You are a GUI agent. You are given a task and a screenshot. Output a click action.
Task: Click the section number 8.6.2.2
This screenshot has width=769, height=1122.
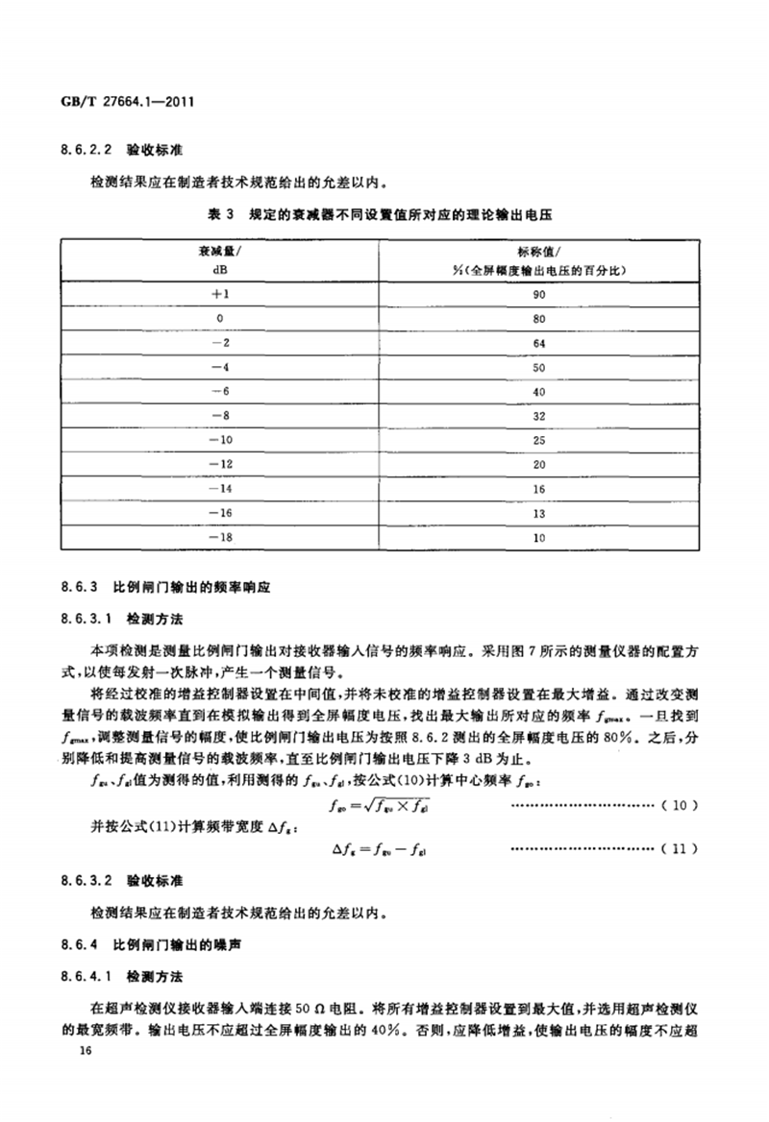86,151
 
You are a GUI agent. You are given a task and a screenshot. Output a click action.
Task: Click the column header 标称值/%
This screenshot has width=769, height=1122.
537,261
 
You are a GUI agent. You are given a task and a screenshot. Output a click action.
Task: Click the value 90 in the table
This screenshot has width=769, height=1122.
537,296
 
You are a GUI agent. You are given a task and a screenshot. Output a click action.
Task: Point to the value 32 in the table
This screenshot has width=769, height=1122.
537,416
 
